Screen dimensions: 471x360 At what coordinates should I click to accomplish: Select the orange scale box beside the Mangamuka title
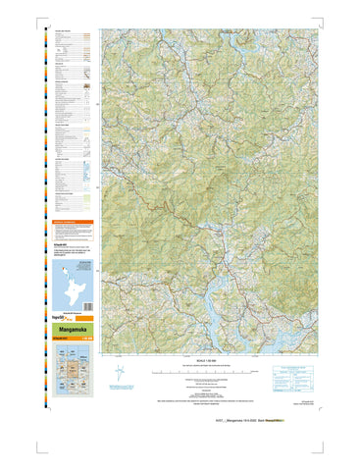89,340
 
